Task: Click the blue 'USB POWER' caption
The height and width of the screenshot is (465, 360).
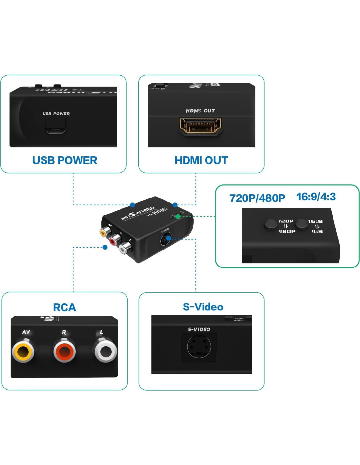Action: point(64,160)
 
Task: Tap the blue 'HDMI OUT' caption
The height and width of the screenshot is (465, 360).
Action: point(201,160)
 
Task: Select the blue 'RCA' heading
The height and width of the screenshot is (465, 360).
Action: point(64,307)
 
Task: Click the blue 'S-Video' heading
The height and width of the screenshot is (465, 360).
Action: point(203,307)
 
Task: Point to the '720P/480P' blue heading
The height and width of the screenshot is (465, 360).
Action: point(257,198)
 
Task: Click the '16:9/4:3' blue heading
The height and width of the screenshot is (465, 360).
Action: point(316,197)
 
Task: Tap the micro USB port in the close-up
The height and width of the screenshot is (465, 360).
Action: point(56,130)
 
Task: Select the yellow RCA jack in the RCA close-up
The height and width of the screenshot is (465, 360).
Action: point(23,352)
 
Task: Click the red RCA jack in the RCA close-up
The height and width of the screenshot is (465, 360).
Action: point(64,352)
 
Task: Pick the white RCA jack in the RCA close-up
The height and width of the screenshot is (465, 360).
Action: point(106,352)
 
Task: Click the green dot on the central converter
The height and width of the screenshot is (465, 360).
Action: point(178,216)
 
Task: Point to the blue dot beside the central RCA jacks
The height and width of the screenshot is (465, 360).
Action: point(105,247)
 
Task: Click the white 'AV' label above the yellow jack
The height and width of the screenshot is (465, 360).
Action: point(26,332)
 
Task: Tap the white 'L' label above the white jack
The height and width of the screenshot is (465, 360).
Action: point(101,332)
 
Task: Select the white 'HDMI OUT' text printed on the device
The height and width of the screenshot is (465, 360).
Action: point(200,111)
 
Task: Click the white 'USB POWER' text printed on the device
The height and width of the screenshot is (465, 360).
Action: point(56,114)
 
